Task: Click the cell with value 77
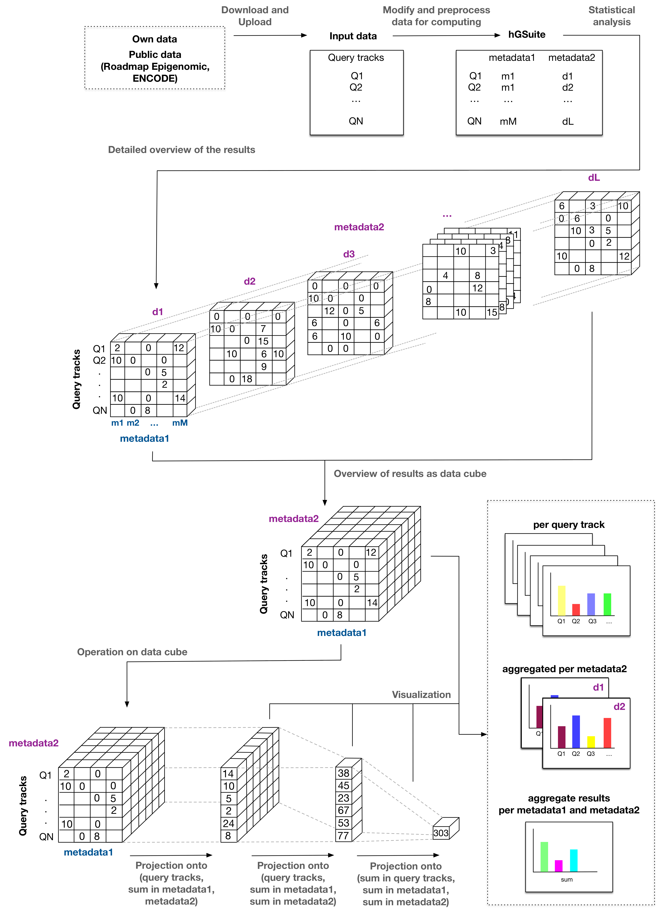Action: point(343,836)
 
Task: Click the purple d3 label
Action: point(349,254)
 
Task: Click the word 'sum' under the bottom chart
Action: point(567,879)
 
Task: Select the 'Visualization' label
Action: point(421,695)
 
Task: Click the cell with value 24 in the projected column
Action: point(228,823)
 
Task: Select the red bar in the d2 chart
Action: point(607,733)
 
